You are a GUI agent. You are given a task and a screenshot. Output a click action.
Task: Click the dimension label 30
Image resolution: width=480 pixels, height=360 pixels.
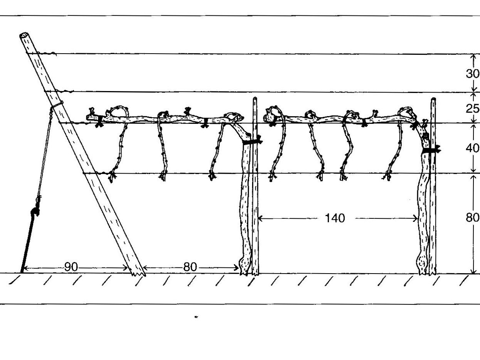(473, 74)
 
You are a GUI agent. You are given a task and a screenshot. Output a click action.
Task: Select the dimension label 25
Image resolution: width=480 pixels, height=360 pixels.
(473, 108)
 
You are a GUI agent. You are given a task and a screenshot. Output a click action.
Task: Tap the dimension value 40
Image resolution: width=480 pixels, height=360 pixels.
(473, 148)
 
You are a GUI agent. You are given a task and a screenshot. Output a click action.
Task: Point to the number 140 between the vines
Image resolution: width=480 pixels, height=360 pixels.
(335, 218)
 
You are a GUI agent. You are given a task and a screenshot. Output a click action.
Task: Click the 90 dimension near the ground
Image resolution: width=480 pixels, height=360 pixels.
(71, 267)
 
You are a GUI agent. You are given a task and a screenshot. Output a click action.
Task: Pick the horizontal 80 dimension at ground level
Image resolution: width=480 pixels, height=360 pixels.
(190, 267)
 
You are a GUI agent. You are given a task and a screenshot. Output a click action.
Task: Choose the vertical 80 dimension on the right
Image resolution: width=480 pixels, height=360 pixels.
(473, 218)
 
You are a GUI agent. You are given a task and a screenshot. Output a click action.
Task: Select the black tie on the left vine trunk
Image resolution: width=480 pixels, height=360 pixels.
(253, 141)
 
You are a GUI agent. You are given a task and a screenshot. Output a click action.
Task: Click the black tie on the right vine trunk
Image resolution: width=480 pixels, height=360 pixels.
(431, 150)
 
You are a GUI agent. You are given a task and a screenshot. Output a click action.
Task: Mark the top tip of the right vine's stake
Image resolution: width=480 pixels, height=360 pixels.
(433, 100)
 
